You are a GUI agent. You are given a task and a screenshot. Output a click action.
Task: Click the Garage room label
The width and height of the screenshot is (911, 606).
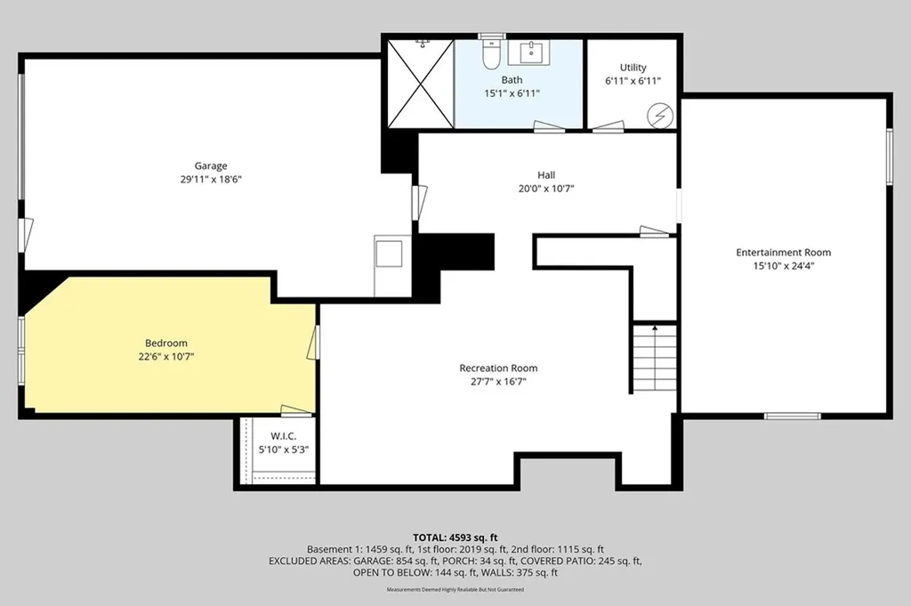click(211, 166)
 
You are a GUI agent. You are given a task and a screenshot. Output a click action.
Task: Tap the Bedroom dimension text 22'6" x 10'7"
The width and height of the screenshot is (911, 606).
click(166, 357)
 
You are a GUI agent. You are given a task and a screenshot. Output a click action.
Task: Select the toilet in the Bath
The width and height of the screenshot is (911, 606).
click(490, 55)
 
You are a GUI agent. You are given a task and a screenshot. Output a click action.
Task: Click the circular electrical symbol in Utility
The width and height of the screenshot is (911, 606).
click(659, 115)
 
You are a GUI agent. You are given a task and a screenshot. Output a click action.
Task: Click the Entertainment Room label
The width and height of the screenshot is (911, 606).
click(783, 253)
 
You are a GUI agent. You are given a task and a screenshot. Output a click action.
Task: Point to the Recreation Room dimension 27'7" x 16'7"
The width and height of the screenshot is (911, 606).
click(498, 382)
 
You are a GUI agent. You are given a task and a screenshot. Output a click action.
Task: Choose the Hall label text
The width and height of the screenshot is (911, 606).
click(546, 175)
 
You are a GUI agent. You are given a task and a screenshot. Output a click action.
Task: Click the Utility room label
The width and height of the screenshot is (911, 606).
click(633, 68)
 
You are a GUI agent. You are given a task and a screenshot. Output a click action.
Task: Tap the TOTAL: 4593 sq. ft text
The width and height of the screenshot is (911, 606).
click(455, 537)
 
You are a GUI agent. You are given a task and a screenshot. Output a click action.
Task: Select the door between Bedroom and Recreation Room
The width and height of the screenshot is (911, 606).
click(313, 343)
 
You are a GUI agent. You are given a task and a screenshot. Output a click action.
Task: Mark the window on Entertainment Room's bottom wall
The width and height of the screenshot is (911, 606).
click(792, 416)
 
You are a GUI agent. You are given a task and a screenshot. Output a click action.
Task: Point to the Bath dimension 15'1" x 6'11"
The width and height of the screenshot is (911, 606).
click(512, 93)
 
